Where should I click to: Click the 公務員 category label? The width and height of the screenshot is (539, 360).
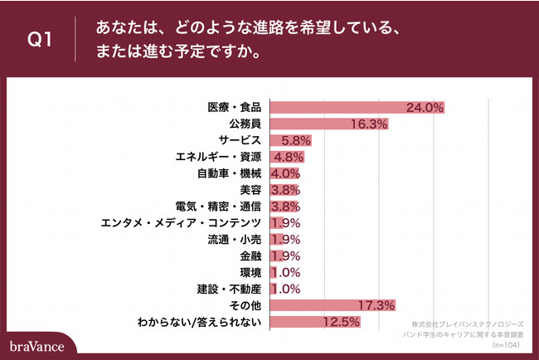(x=245, y=124)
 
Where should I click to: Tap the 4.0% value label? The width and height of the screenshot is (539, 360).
(x=284, y=173)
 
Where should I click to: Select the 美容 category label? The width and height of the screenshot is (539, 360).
(x=251, y=190)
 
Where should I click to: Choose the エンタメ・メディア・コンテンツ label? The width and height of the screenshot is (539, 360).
(x=181, y=222)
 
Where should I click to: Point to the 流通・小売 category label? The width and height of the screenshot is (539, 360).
(x=235, y=239)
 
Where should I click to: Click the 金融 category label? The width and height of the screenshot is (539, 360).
(x=251, y=255)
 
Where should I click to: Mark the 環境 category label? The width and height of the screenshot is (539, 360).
(x=251, y=272)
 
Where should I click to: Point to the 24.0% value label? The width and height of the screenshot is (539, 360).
(x=425, y=107)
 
